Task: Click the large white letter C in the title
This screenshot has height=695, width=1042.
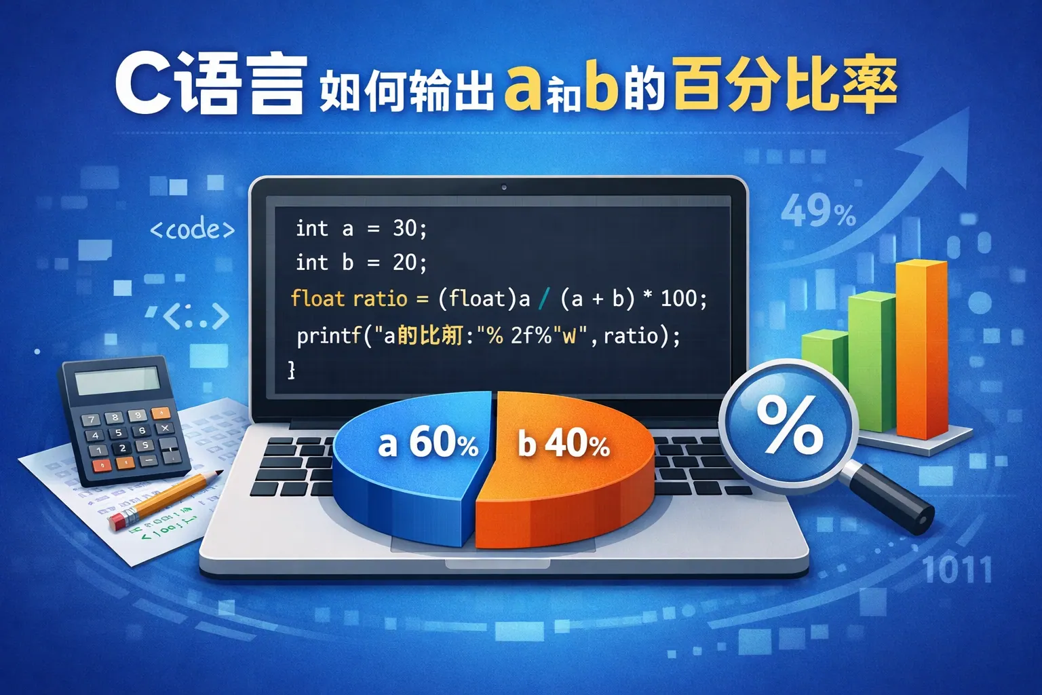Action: pyautogui.click(x=143, y=87)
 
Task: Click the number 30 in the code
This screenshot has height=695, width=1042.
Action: pyautogui.click(x=406, y=229)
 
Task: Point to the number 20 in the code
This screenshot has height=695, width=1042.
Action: pyautogui.click(x=406, y=263)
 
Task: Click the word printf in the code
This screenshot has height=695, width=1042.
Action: pyautogui.click(x=328, y=335)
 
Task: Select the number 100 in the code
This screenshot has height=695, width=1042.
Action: pyautogui.click(x=679, y=298)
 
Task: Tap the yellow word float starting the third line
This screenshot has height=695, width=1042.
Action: pyautogui.click(x=317, y=299)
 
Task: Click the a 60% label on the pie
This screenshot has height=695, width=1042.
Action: pyautogui.click(x=427, y=443)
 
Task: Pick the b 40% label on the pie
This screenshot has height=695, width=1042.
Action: pyautogui.click(x=563, y=444)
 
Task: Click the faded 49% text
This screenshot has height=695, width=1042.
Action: pyautogui.click(x=817, y=212)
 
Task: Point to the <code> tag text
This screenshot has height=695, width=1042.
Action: pyautogui.click(x=192, y=229)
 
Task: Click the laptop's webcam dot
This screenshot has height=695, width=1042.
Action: pyautogui.click(x=503, y=187)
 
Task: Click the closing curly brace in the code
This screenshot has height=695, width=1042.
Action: pyautogui.click(x=292, y=370)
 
